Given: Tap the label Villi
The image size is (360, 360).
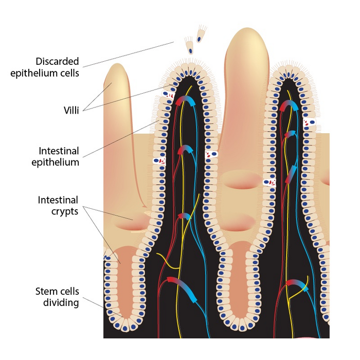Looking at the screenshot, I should (x=69, y=109).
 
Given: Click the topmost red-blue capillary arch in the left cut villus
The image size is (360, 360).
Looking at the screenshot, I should (x=186, y=101).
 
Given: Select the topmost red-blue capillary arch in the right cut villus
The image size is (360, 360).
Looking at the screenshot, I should (x=289, y=106).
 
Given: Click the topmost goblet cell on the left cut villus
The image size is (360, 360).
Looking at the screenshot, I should (x=167, y=95).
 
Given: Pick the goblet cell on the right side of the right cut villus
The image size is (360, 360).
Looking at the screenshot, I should (x=310, y=122).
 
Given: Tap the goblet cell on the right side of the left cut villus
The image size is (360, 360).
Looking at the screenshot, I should (x=211, y=154).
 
